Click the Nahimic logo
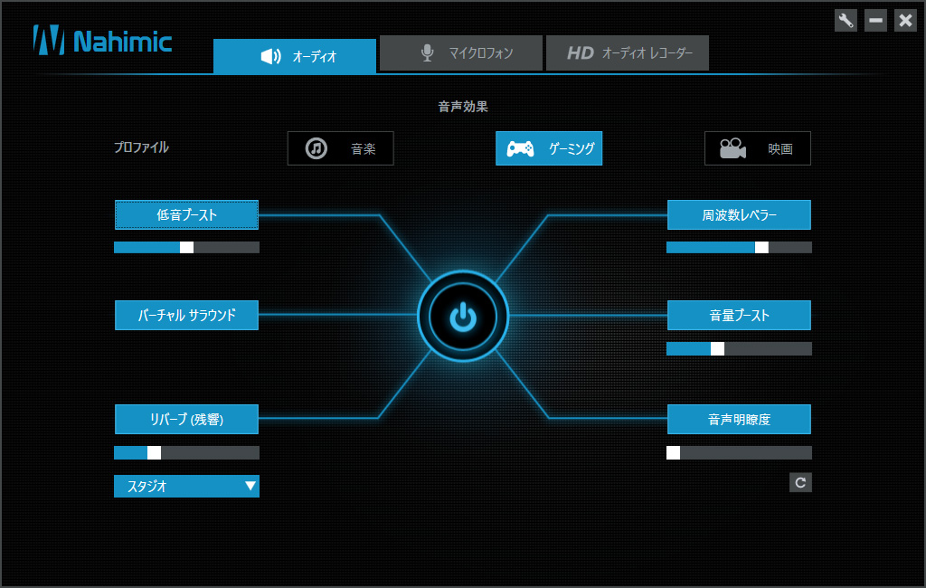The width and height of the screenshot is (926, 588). coord(103,41)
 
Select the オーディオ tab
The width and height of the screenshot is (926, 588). coord(295,56)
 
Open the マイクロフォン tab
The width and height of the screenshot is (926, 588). coord(460,53)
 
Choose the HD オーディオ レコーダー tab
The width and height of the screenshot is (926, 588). coord(628,53)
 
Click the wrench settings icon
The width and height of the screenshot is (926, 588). coord(846,21)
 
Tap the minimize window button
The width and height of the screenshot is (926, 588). coord(875,21)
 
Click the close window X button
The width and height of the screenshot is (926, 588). coord(905,21)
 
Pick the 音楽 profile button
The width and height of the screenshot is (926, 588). coord(341,148)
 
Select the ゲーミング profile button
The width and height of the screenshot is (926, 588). coord(549,148)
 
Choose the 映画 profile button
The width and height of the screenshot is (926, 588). coord(758,148)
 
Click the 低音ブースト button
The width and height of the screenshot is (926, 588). coord(186,214)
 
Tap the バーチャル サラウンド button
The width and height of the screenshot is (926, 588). coord(186,315)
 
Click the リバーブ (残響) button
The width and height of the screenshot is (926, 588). coord(186,419)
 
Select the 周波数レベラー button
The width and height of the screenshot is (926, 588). coord(739,214)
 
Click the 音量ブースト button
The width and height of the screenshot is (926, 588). coord(739,315)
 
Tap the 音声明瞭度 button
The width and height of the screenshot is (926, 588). coord(739,419)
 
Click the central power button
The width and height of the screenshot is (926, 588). coord(463,316)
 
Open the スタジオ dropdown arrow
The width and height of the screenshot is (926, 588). coord(250,486)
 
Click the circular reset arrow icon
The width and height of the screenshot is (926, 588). coord(801,483)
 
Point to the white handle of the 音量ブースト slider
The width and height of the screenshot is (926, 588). coord(717,348)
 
